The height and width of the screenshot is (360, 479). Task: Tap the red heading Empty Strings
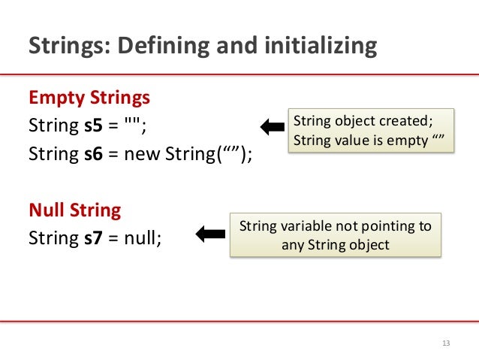pyautogui.click(x=89, y=98)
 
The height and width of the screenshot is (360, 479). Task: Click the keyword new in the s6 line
pyautogui.click(x=143, y=155)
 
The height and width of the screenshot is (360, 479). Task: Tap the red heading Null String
pyautogui.click(x=74, y=210)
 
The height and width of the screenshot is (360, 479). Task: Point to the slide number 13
pyautogui.click(x=446, y=343)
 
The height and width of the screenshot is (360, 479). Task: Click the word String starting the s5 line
pyautogui.click(x=53, y=126)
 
